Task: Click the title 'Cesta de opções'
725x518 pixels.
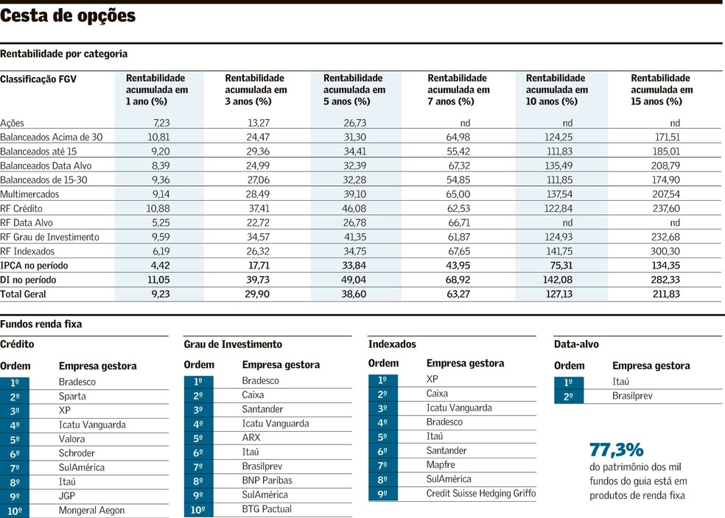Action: tap(69, 16)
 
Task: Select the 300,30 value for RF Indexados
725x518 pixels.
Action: tap(665, 252)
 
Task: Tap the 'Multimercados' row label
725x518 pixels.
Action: tap(29, 194)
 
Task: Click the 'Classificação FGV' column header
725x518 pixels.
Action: tap(38, 79)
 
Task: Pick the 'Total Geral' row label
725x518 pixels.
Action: tap(23, 294)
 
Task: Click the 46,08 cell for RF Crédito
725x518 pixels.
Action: tap(355, 209)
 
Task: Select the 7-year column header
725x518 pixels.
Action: tap(458, 90)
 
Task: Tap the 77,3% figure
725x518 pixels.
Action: tap(617, 450)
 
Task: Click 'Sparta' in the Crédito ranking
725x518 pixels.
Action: tap(72, 397)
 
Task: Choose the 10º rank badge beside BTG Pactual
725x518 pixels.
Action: tap(198, 509)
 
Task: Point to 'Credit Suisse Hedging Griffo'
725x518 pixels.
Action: tap(481, 494)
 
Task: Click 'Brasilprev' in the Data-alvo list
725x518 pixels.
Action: tap(633, 397)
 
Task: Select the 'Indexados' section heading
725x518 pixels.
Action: tap(392, 344)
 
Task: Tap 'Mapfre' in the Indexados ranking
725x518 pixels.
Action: tap(441, 465)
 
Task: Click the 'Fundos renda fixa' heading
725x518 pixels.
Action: tap(41, 324)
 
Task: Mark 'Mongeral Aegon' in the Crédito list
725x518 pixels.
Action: tap(91, 511)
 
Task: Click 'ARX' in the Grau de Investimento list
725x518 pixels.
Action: tap(251, 438)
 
